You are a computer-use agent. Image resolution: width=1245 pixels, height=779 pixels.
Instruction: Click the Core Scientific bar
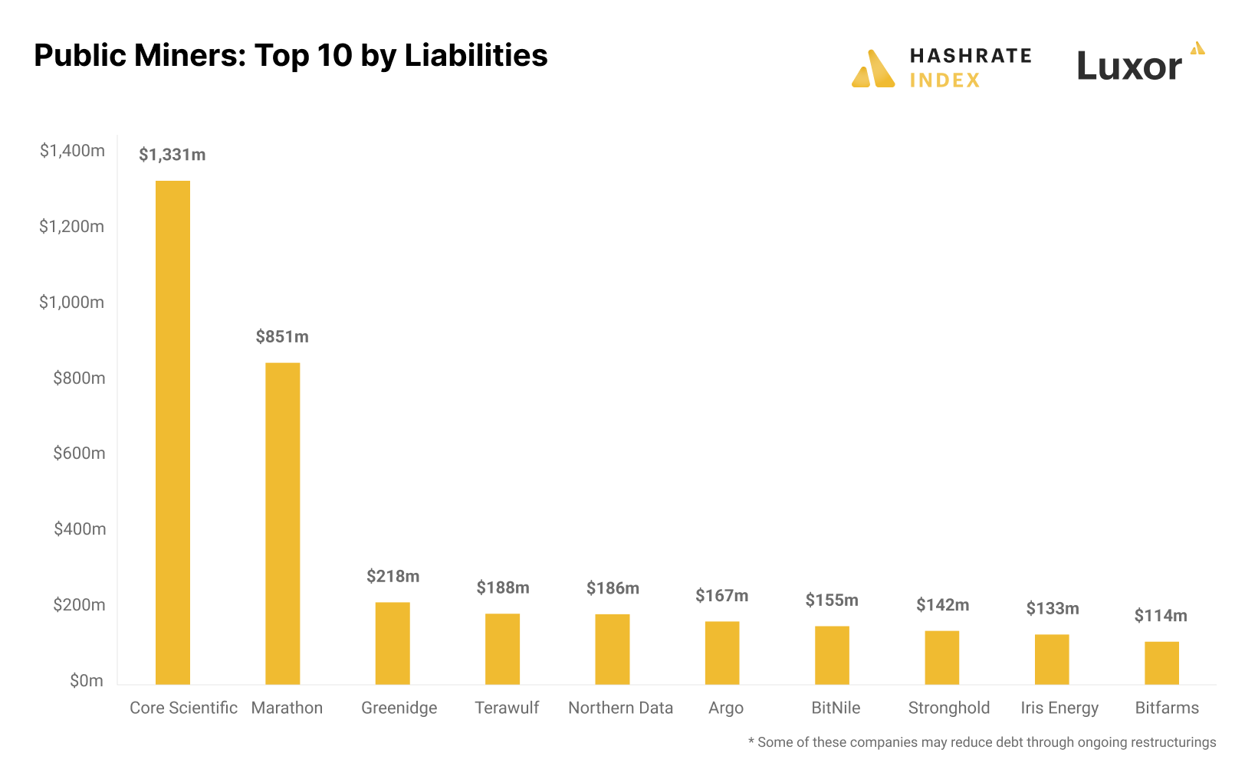point(172,433)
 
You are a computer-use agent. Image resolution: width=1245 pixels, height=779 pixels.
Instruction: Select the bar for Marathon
point(282,523)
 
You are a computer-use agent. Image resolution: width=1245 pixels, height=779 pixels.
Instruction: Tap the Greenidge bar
point(393,643)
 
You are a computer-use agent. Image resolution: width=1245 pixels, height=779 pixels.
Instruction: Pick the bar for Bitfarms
point(1161,663)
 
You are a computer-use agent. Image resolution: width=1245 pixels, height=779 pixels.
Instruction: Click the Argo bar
point(722,653)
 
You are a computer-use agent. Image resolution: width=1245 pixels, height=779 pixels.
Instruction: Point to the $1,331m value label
point(172,155)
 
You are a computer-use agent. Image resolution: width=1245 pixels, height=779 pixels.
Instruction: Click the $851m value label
point(282,337)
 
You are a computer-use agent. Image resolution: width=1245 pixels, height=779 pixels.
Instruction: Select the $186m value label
point(613,588)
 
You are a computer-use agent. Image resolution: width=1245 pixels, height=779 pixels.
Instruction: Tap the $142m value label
point(942,605)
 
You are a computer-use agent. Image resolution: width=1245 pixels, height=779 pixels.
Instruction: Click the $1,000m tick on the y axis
point(71,303)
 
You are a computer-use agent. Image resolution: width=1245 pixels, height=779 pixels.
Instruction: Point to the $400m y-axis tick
point(79,529)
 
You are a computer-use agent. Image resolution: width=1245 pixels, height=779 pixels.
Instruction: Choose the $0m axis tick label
point(86,681)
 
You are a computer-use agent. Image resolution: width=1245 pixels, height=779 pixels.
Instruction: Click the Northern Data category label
point(620,708)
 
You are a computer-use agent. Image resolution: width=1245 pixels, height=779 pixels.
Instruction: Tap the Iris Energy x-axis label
point(1059,708)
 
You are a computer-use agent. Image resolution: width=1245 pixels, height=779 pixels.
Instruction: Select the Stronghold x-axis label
point(948,708)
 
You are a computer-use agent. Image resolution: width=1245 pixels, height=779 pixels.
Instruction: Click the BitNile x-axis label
point(836,708)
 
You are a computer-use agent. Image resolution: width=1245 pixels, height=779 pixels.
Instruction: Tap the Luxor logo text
point(1129,67)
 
